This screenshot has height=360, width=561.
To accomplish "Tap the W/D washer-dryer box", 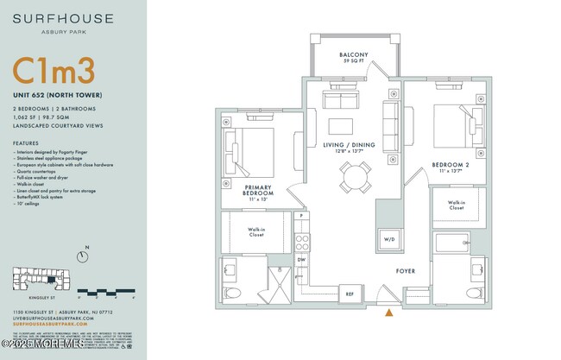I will click(x=388, y=239).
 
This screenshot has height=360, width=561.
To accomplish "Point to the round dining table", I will click(x=355, y=178).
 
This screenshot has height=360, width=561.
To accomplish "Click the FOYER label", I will click(x=406, y=271).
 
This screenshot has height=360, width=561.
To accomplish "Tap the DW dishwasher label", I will click(x=301, y=259).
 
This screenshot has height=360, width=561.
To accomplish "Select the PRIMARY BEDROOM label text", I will click(x=259, y=191).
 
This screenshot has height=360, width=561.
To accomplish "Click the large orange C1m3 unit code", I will click(x=54, y=71).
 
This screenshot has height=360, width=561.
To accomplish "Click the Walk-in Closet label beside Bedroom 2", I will click(x=457, y=206).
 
